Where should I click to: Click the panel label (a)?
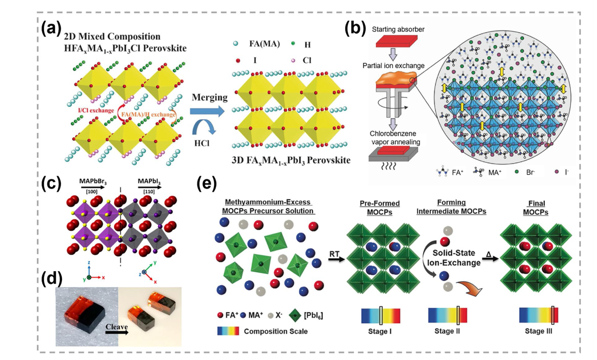[x=51, y=29]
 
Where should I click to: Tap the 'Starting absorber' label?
[x=399, y=30]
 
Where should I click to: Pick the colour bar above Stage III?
[x=538, y=315]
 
